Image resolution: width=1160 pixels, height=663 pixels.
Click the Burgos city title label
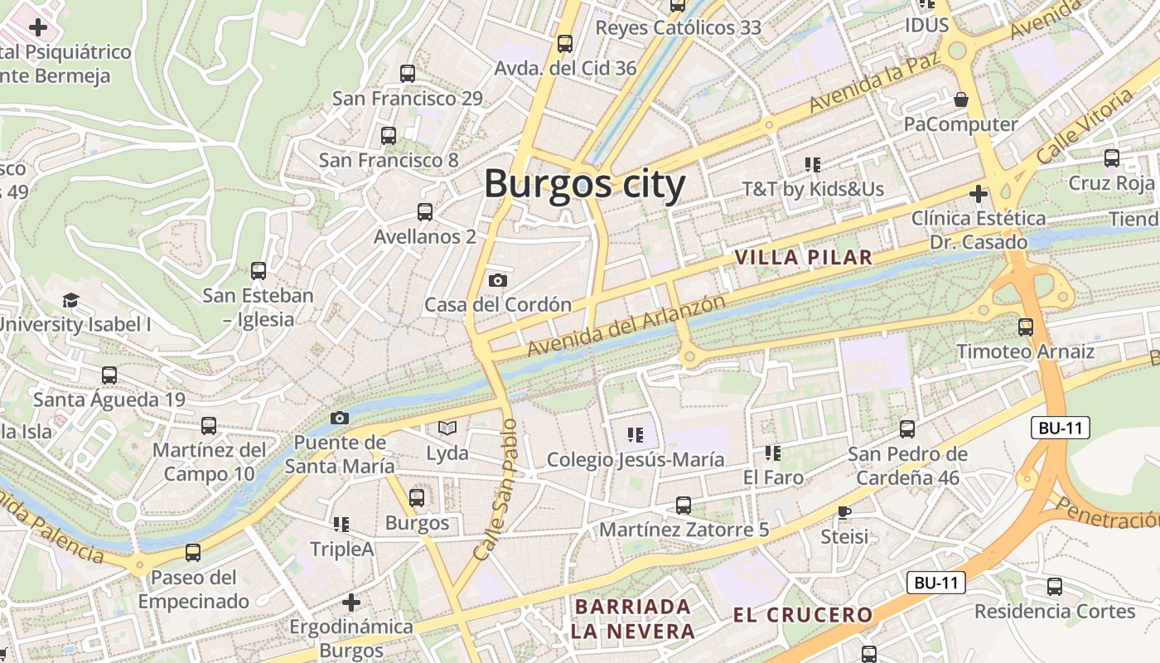(584, 184)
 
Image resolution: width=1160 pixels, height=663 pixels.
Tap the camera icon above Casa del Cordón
(498, 280)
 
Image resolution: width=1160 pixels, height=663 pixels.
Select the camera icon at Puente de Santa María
(340, 418)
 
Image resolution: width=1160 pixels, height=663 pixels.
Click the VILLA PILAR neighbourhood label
(804, 258)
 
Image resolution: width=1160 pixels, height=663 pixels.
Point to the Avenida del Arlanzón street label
(626, 326)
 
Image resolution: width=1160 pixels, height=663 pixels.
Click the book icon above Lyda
(447, 428)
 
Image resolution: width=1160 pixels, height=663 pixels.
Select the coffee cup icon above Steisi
(844, 512)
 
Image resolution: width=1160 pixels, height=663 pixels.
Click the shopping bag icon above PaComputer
(961, 99)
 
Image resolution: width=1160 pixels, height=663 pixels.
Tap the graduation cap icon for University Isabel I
(71, 300)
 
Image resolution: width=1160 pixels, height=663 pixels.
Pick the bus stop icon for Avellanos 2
(425, 212)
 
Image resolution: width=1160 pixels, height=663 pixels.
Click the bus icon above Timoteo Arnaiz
(1026, 327)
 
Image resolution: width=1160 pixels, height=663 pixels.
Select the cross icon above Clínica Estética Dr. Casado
(979, 194)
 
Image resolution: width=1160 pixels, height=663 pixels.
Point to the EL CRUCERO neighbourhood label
(803, 615)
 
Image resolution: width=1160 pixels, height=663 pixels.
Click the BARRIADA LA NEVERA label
(633, 618)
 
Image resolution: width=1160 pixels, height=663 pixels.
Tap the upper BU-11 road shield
(1061, 428)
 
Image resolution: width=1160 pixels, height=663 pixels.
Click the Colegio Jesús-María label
(636, 459)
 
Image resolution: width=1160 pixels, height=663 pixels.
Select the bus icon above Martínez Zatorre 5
(684, 505)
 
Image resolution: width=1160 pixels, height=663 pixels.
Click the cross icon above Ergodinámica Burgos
(351, 602)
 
